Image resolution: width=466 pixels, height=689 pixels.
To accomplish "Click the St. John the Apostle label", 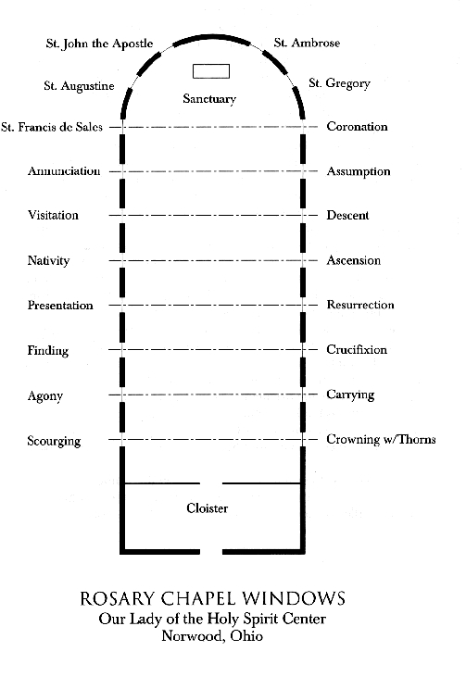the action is pyautogui.click(x=99, y=44).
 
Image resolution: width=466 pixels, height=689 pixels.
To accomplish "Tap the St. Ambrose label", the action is pyautogui.click(x=307, y=43).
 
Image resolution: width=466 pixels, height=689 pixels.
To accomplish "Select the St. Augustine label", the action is pyautogui.click(x=79, y=86).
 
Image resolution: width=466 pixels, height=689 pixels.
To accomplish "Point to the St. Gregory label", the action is pyautogui.click(x=339, y=83).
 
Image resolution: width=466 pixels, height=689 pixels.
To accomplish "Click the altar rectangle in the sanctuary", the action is pyautogui.click(x=211, y=71).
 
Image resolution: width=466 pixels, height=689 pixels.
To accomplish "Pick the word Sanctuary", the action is pyautogui.click(x=209, y=99).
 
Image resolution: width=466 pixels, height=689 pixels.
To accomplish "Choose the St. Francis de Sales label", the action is pyautogui.click(x=52, y=127).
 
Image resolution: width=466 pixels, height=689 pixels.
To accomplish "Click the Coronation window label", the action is pyautogui.click(x=357, y=127).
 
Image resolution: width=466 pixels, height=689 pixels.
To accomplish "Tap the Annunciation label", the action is pyautogui.click(x=64, y=171).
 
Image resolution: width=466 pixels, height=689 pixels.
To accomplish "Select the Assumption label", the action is pyautogui.click(x=359, y=171).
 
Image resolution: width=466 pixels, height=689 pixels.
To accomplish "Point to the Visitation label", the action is pyautogui.click(x=53, y=215).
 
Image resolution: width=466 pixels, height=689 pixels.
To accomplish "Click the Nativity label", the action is pyautogui.click(x=49, y=260).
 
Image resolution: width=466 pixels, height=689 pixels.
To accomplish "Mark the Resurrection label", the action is pyautogui.click(x=360, y=305).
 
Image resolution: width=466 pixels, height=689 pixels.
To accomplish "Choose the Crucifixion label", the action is pyautogui.click(x=357, y=349).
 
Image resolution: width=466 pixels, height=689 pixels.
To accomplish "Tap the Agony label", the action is pyautogui.click(x=45, y=396).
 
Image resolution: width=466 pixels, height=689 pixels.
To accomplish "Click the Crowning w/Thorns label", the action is pyautogui.click(x=381, y=439).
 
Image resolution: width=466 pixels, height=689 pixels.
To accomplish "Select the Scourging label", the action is pyautogui.click(x=54, y=441).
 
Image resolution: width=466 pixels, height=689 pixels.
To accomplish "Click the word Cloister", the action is pyautogui.click(x=208, y=508).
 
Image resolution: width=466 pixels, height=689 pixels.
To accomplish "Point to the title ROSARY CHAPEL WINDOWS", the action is pyautogui.click(x=212, y=598).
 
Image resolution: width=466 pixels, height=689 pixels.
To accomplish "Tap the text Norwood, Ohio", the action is pyautogui.click(x=212, y=636).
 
